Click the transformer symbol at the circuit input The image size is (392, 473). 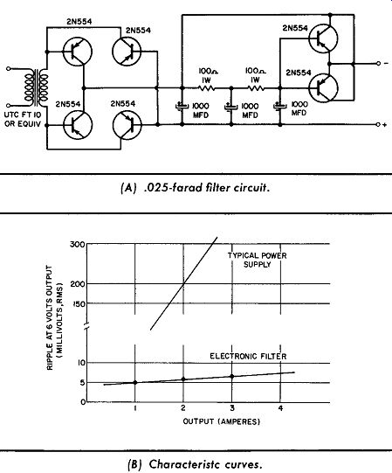coord(36,87)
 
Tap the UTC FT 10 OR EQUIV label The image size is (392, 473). coord(23,119)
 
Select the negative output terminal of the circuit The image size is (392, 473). coord(378,63)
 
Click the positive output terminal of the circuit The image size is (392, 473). coord(378,124)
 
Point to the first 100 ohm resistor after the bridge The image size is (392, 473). coord(206,88)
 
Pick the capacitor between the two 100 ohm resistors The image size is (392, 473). coord(231,107)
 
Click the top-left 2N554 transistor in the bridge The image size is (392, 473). coord(78,52)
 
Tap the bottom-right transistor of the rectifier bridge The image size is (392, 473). coord(127,125)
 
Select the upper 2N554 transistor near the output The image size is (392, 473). coord(323,38)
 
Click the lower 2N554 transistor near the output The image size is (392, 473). coord(323,87)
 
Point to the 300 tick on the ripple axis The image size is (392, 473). coord(78,244)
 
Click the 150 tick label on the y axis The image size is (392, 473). coord(78,303)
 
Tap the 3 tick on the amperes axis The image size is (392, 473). coord(232,408)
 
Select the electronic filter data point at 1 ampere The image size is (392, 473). coord(135,382)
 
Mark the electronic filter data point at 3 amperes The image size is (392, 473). coord(232,376)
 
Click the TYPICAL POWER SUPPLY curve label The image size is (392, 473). coord(257,260)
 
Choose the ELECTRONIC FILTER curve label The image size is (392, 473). coord(248,356)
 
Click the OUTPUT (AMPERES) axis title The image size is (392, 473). coord(222,421)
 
